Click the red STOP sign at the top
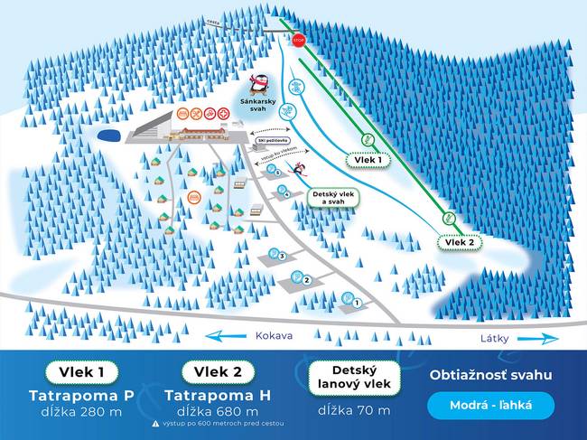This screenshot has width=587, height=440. pyautogui.click(x=299, y=40)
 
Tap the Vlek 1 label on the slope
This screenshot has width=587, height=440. pyautogui.click(x=367, y=159)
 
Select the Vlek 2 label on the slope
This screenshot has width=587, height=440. pyautogui.click(x=460, y=241)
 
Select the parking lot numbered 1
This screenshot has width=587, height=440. pyautogui.click(x=352, y=299)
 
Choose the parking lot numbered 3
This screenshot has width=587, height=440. pyautogui.click(x=277, y=257)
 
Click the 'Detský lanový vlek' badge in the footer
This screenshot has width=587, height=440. pyautogui.click(x=354, y=379)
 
